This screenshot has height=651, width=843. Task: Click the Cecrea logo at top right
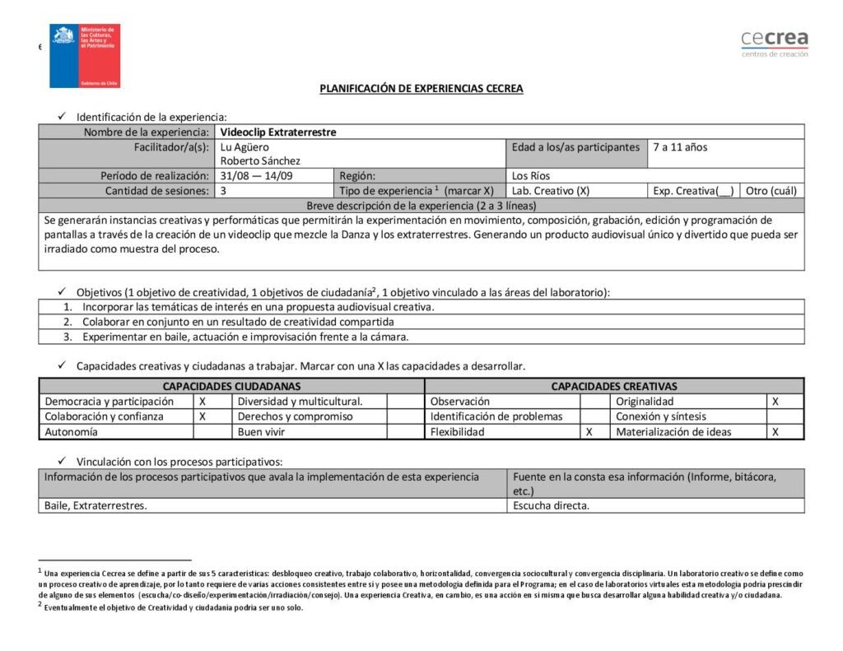click(x=774, y=43)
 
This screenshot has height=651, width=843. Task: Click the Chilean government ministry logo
click(x=85, y=56)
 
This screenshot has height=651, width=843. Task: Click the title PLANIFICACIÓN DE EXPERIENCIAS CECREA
click(x=421, y=89)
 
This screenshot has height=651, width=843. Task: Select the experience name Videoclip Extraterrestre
click(x=278, y=132)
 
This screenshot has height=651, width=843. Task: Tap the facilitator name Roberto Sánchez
click(x=260, y=161)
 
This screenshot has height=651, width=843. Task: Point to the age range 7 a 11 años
click(x=680, y=147)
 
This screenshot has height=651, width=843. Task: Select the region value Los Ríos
click(x=531, y=176)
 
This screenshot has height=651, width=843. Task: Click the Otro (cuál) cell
click(x=771, y=191)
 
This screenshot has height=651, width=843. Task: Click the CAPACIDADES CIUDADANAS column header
click(x=231, y=386)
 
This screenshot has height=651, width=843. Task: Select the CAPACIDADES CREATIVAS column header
click(x=614, y=386)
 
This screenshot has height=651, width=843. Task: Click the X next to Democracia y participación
click(x=203, y=402)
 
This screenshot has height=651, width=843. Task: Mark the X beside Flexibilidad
click(x=589, y=432)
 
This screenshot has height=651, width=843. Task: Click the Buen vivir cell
click(x=262, y=432)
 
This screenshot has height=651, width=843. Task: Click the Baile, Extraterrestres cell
click(x=95, y=506)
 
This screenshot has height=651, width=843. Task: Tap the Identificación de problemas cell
click(x=496, y=416)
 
